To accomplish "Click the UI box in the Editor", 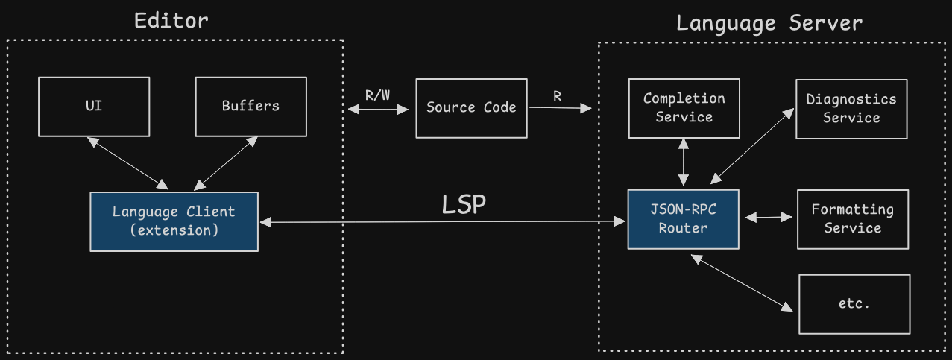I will click(x=94, y=106).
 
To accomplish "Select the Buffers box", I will click(x=250, y=106).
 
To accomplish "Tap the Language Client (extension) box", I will click(x=174, y=221).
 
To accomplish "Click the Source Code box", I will click(x=471, y=107).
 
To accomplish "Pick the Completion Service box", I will click(x=684, y=108).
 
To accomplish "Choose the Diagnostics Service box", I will click(x=851, y=108).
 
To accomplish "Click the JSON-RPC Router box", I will click(x=683, y=219).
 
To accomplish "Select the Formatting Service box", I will click(x=852, y=219).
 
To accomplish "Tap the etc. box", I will click(x=854, y=304).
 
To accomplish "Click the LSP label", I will click(x=464, y=205).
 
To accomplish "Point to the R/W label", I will click(x=377, y=95).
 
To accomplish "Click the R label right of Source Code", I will click(x=557, y=96).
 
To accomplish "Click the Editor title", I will click(x=171, y=20).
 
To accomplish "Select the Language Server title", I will click(x=769, y=23).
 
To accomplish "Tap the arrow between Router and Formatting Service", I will click(x=768, y=218).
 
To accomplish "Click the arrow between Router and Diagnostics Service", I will click(x=752, y=145).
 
